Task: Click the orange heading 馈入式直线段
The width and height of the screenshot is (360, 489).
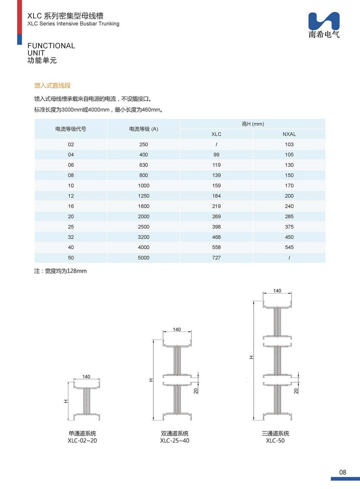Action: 53,85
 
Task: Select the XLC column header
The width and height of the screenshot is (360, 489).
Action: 216,134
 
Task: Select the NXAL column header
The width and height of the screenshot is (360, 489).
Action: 289,134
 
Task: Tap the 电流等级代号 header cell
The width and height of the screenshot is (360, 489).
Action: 71,129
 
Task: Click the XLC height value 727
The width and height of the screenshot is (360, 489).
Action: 216,258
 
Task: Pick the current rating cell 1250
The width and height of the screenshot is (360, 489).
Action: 144,196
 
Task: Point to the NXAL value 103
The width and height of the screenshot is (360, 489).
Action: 289,145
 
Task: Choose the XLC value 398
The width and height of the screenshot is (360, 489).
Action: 216,227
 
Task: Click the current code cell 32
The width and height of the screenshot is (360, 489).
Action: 71,237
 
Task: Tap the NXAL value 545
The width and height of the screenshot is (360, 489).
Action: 289,247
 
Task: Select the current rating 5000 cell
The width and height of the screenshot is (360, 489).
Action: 144,258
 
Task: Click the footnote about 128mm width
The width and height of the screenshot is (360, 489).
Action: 60,271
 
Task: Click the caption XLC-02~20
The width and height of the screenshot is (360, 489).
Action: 82,441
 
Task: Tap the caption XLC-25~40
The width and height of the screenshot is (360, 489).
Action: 175,441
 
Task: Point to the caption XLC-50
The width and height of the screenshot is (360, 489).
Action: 275,441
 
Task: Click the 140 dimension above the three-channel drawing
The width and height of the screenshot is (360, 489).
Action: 277,291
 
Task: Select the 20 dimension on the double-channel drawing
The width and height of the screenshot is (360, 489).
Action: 196,391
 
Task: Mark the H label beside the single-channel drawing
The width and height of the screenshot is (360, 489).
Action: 66,401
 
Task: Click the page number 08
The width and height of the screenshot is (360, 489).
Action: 342,472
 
